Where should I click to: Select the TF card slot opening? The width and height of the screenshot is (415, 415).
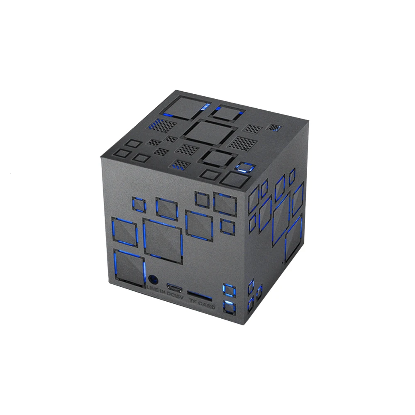pyautogui.click(x=200, y=297)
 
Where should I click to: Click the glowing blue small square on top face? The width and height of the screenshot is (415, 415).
pyautogui.click(x=244, y=167)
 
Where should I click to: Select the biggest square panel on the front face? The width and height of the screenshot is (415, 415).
pyautogui.click(x=163, y=239)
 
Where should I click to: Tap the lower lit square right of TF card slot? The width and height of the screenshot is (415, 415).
pyautogui.click(x=229, y=307)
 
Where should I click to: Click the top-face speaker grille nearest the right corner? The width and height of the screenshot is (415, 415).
pyautogui.click(x=273, y=128)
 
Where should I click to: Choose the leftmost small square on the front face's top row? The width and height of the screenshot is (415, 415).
pyautogui.click(x=138, y=204)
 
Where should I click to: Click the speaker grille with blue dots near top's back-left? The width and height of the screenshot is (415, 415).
pyautogui.click(x=159, y=124)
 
